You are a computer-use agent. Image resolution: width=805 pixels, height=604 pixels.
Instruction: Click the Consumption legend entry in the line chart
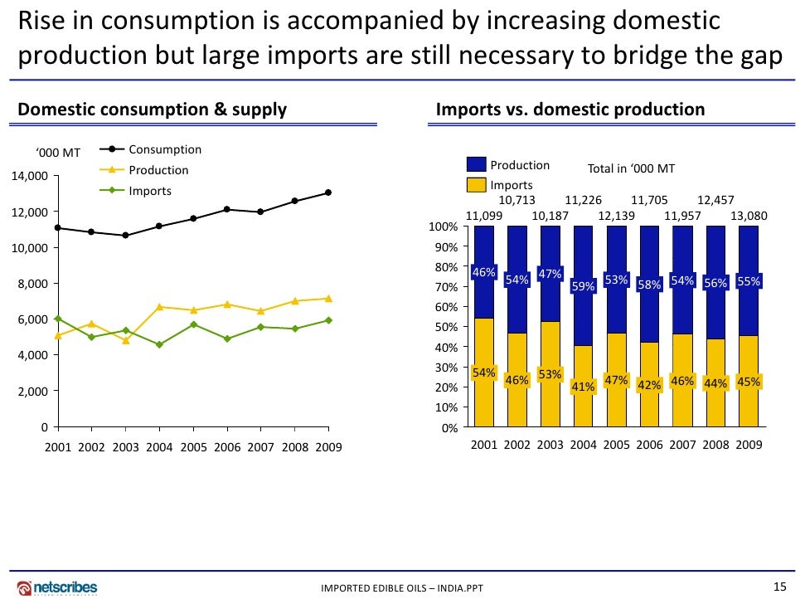[x=164, y=149]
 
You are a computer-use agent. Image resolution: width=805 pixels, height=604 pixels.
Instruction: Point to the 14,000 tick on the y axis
[x=29, y=176]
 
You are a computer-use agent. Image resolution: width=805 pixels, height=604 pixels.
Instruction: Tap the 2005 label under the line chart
[x=193, y=447]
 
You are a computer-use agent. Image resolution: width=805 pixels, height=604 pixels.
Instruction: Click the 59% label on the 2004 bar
[x=583, y=286]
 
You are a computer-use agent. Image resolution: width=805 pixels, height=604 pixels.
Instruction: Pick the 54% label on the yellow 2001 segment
[x=483, y=373]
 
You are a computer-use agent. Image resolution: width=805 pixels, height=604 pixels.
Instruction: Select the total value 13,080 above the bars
[x=749, y=216]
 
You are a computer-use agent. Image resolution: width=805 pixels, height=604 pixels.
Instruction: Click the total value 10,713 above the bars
[x=516, y=200]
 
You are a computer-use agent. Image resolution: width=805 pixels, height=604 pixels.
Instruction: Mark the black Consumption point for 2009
[x=328, y=192]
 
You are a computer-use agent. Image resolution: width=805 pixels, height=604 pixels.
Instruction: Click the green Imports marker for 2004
[x=159, y=344]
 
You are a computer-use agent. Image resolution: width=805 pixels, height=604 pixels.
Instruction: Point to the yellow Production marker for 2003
[x=125, y=340]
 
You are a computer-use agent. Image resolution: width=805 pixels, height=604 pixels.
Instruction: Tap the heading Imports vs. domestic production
[x=570, y=110]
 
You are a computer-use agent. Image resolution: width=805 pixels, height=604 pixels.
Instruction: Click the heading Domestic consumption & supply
[x=153, y=110]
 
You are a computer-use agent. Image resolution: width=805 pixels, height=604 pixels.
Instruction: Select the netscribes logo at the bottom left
[x=58, y=586]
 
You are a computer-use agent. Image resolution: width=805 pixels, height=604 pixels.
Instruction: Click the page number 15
[x=778, y=587]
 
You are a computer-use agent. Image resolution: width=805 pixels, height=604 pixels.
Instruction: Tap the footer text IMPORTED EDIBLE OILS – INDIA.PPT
[x=401, y=589]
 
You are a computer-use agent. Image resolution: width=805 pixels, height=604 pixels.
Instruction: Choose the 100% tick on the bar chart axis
[x=446, y=227]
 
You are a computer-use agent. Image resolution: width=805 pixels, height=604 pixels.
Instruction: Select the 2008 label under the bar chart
[x=715, y=444]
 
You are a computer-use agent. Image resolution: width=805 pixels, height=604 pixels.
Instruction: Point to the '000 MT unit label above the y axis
[x=58, y=152]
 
